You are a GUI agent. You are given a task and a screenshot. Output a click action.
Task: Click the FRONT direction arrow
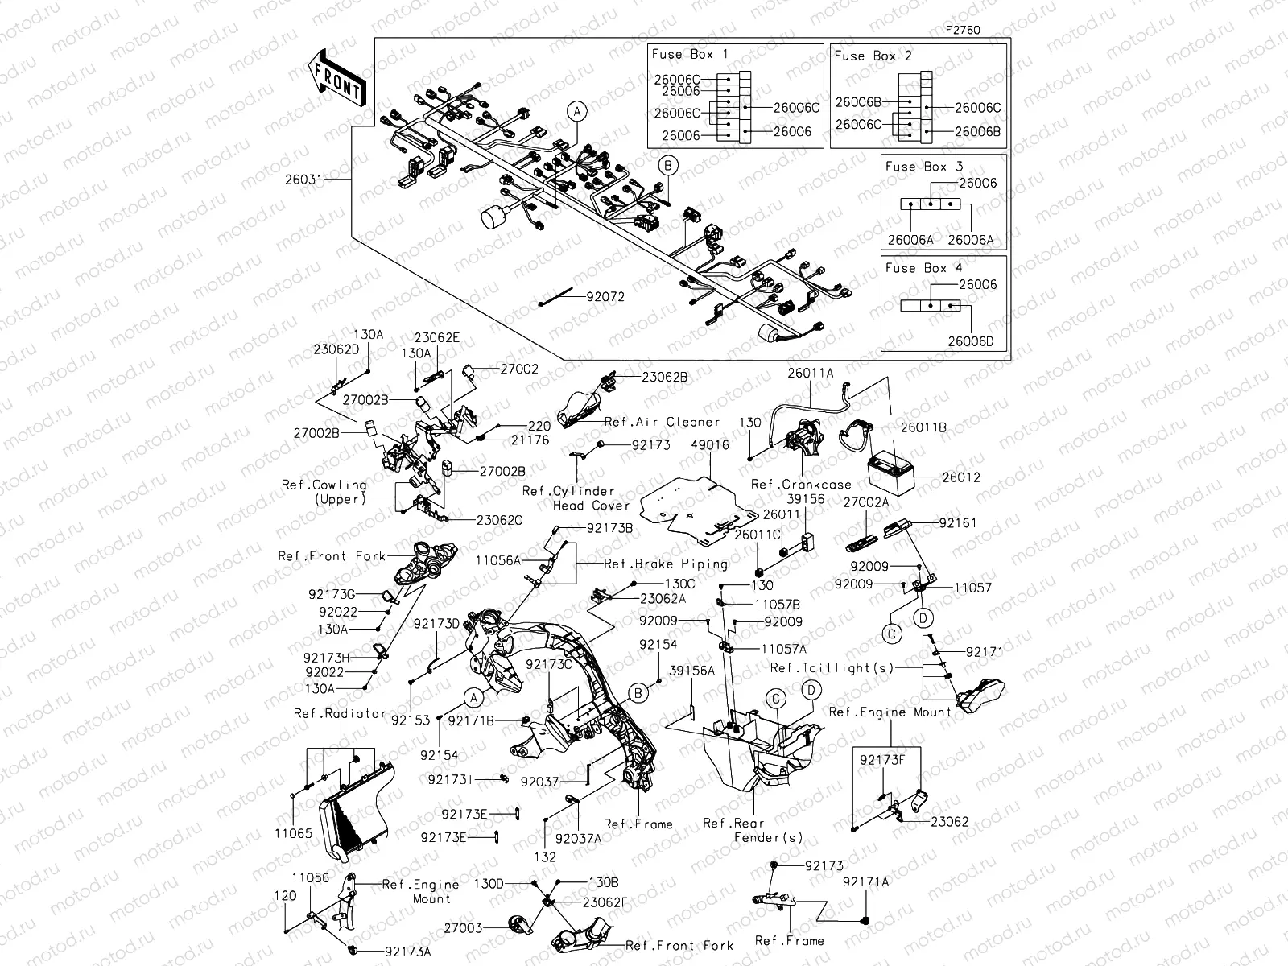click(x=337, y=81)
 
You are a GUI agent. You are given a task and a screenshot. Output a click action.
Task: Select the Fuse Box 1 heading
click(x=690, y=55)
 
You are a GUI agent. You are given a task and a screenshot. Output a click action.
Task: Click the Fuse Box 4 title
click(x=923, y=268)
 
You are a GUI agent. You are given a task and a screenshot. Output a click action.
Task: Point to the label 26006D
click(x=970, y=341)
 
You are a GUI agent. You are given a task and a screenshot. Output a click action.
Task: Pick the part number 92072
click(x=605, y=297)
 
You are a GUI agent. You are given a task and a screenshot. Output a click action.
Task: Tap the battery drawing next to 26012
click(x=893, y=469)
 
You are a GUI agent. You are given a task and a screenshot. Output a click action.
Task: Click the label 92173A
click(x=407, y=951)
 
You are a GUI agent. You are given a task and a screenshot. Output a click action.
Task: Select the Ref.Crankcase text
click(x=800, y=485)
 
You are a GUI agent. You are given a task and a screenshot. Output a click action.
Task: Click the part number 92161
click(x=958, y=523)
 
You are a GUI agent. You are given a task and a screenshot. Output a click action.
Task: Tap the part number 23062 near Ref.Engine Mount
click(x=950, y=822)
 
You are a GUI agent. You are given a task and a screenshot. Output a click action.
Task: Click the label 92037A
click(x=579, y=838)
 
